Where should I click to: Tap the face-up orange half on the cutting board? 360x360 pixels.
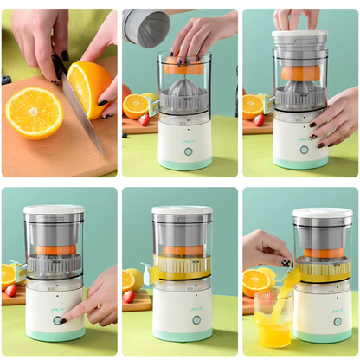[34, 112]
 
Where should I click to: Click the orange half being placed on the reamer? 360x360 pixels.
[184, 67]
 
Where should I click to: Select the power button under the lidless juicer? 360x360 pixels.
[188, 151]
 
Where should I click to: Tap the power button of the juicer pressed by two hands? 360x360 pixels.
[303, 150]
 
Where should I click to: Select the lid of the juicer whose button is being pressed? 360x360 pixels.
[53, 210]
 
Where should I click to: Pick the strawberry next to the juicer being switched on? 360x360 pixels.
[10, 291]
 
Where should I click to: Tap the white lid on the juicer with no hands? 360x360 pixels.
[183, 210]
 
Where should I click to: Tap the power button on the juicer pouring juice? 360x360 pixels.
[337, 321]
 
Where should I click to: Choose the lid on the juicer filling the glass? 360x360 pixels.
[322, 213]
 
